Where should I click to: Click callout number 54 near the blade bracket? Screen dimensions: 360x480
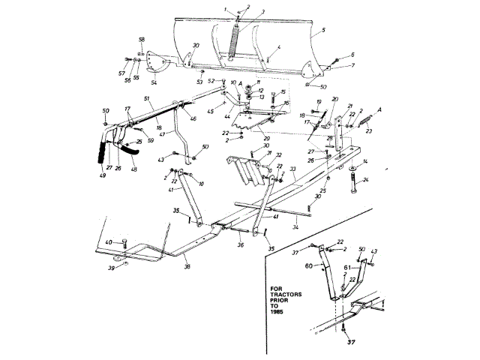click(155, 73)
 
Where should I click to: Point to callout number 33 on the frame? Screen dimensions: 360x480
click(293, 169)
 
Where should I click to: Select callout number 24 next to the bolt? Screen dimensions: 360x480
click(366, 180)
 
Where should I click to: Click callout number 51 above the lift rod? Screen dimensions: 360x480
click(146, 99)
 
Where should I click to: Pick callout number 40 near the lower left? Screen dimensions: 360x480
click(108, 242)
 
